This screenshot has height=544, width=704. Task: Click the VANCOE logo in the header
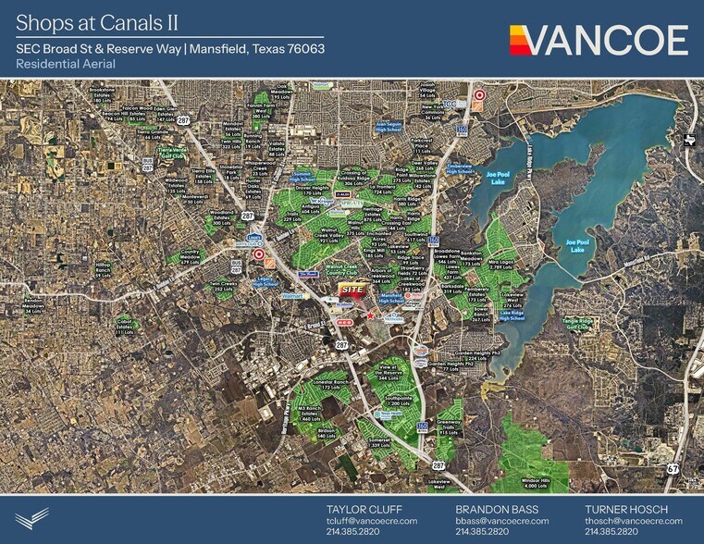pos(599,40)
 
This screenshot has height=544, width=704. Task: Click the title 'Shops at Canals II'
pos(97,20)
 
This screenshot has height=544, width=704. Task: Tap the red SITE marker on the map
pos(352,289)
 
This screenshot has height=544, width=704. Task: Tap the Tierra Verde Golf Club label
pos(173,152)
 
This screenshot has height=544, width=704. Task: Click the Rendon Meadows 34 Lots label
pos(34,305)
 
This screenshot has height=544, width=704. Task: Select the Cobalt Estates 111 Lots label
pos(124,325)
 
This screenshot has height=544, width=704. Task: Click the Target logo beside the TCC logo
pos(479,95)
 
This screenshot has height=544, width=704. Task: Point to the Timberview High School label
pos(460,167)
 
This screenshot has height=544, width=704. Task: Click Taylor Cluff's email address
pos(372,521)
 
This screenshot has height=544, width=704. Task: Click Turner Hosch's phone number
pos(610,532)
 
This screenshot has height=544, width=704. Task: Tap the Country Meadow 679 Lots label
pos(191,257)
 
